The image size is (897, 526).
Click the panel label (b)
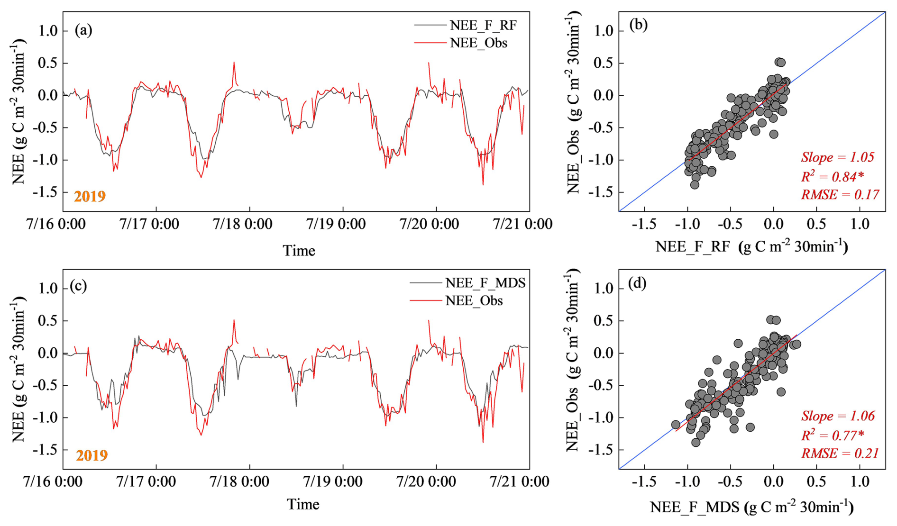click(638, 25)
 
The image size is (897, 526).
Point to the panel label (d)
click(637, 283)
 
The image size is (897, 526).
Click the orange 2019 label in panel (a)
click(90, 196)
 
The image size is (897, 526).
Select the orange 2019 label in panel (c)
click(92, 455)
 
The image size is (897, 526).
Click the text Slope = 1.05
click(837, 157)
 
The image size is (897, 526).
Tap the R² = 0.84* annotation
click(832, 177)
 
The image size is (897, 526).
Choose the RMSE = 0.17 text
click(840, 195)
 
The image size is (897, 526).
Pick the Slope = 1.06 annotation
click(838, 416)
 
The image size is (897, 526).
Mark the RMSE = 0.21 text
click(840, 453)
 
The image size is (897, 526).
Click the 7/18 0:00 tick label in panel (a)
click(243, 224)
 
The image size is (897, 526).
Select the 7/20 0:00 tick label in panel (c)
click(426, 482)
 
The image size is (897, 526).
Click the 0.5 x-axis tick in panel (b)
click(816, 224)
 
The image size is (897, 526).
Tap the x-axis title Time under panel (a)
click(299, 251)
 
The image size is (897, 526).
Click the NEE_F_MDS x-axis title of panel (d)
click(751, 507)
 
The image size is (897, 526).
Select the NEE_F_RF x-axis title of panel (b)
click(751, 246)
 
